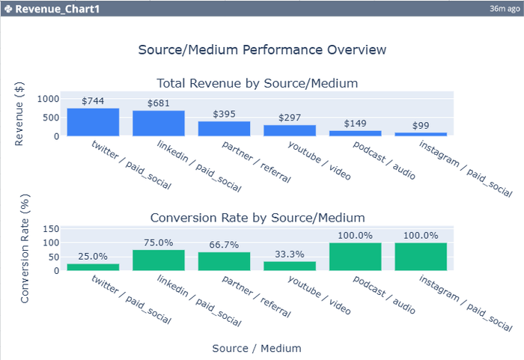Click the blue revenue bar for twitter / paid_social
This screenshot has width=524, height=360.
coord(93,122)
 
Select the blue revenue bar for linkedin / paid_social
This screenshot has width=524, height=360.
coord(159,123)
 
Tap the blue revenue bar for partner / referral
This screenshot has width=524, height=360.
coord(224,129)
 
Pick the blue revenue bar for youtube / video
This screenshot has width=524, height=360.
coord(290,130)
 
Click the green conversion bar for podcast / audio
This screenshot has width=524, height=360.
coord(356,256)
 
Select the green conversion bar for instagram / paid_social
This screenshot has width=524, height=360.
coord(421,256)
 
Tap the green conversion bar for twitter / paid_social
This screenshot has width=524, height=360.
coord(93,266)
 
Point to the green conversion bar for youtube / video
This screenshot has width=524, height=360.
coord(290,266)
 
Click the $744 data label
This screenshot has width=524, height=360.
coord(93,101)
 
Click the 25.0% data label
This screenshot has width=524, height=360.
coord(93,257)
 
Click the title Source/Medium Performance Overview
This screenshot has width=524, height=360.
coord(262,50)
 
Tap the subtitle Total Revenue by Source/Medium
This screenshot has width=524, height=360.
coord(257,83)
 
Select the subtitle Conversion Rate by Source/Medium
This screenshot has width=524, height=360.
coord(257,218)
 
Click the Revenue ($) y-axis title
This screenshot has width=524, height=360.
coord(21,113)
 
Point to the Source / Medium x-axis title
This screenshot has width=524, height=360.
coord(257,348)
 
